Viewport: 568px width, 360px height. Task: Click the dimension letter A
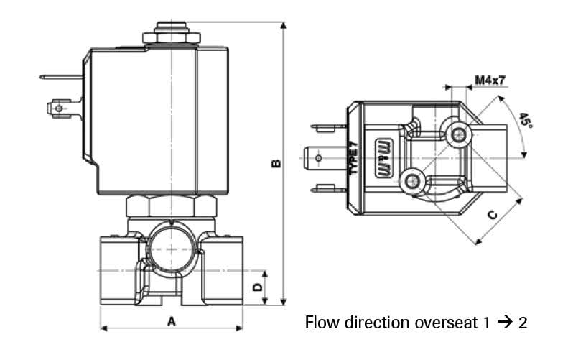tap(171, 321)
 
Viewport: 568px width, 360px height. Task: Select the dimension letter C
tap(492, 215)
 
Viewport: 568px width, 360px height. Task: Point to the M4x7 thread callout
tap(490, 79)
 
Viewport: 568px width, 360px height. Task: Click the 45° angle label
tap(526, 121)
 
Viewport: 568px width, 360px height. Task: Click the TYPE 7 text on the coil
tap(353, 158)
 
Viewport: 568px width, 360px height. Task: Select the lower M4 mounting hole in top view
tap(411, 182)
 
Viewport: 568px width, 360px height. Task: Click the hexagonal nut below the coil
tap(172, 206)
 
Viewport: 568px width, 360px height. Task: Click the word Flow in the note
tap(320, 323)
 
